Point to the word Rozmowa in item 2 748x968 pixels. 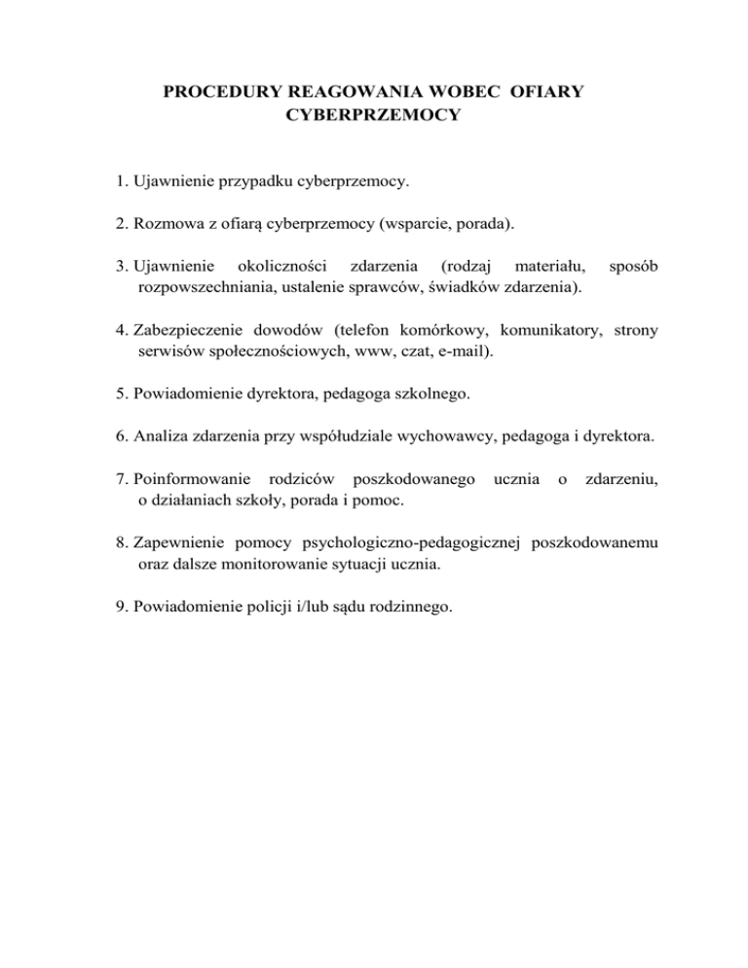(161, 224)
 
